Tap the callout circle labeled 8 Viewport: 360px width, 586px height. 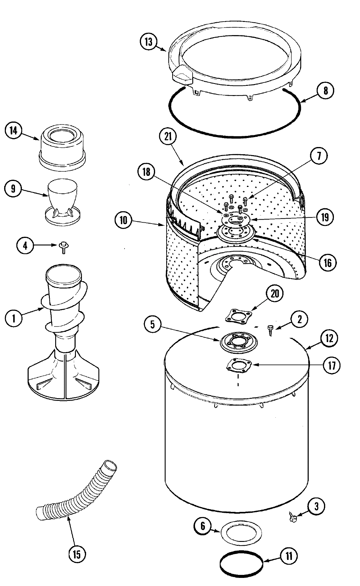pyautogui.click(x=326, y=90)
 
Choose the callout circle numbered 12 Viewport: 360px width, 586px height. pyautogui.click(x=329, y=338)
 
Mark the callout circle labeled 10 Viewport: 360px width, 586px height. pyautogui.click(x=123, y=221)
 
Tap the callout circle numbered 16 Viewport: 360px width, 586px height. pyautogui.click(x=328, y=263)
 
